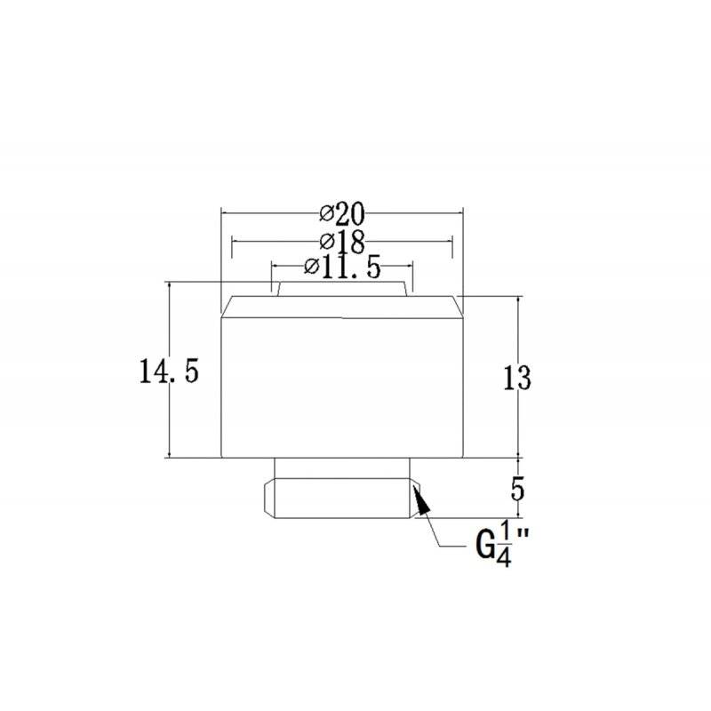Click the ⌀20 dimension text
point(342,214)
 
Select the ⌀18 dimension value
point(342,241)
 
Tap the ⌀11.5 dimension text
point(342,267)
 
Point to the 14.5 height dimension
point(167,371)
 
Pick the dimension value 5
point(521,487)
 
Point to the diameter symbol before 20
point(326,214)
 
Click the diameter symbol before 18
point(326,241)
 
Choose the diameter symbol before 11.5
point(312,267)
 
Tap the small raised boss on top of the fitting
point(341,289)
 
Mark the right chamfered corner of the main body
point(457,307)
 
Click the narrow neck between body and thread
point(341,468)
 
